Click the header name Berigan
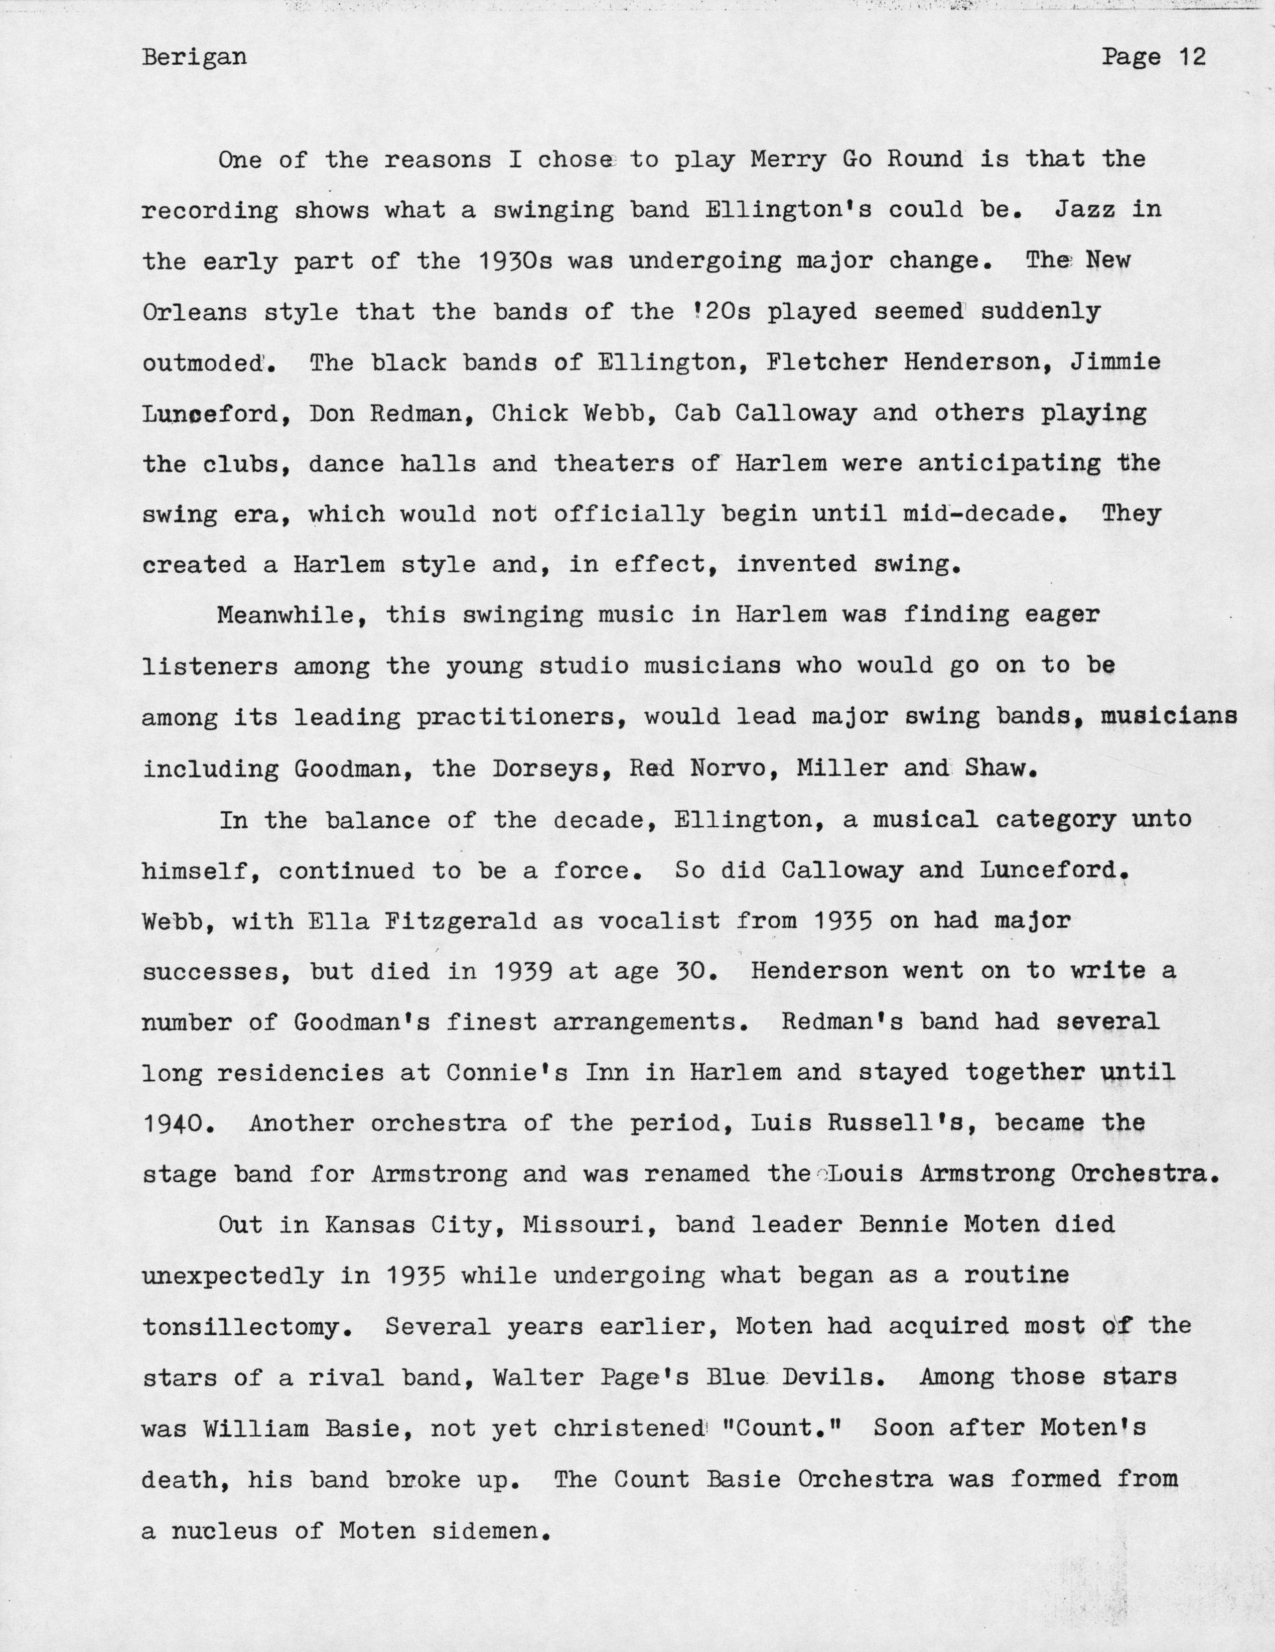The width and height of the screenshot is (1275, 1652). click(194, 58)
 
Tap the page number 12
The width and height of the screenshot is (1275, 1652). click(1191, 58)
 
